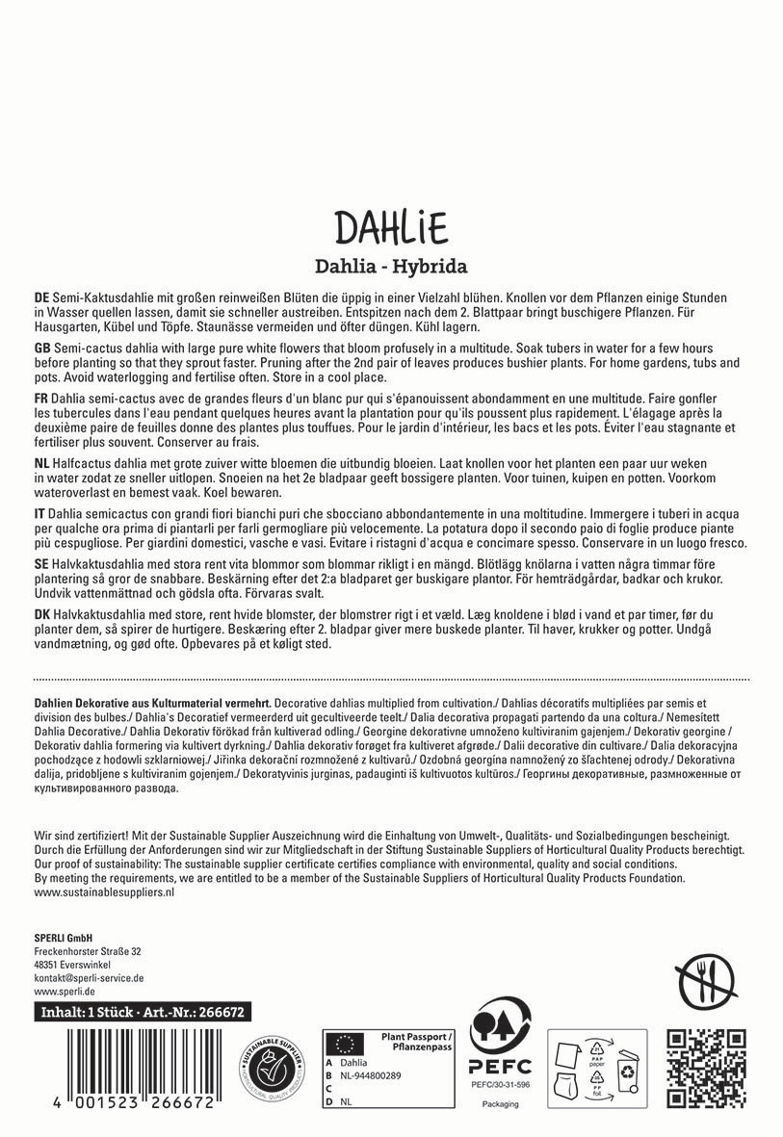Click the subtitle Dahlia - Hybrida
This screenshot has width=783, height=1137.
[x=391, y=266]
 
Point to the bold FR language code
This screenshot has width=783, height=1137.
[x=40, y=397]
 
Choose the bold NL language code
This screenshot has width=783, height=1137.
[x=41, y=462]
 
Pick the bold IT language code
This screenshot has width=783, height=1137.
[x=39, y=513]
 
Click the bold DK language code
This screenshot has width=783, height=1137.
[x=41, y=614]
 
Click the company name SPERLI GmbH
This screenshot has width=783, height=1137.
[x=63, y=937]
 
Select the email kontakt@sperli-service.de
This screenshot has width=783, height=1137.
[x=89, y=977]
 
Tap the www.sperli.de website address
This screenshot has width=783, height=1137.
[x=64, y=991]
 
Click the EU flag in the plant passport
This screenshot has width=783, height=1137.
[x=341, y=1043]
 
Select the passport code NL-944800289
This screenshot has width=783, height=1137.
[x=371, y=1074]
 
